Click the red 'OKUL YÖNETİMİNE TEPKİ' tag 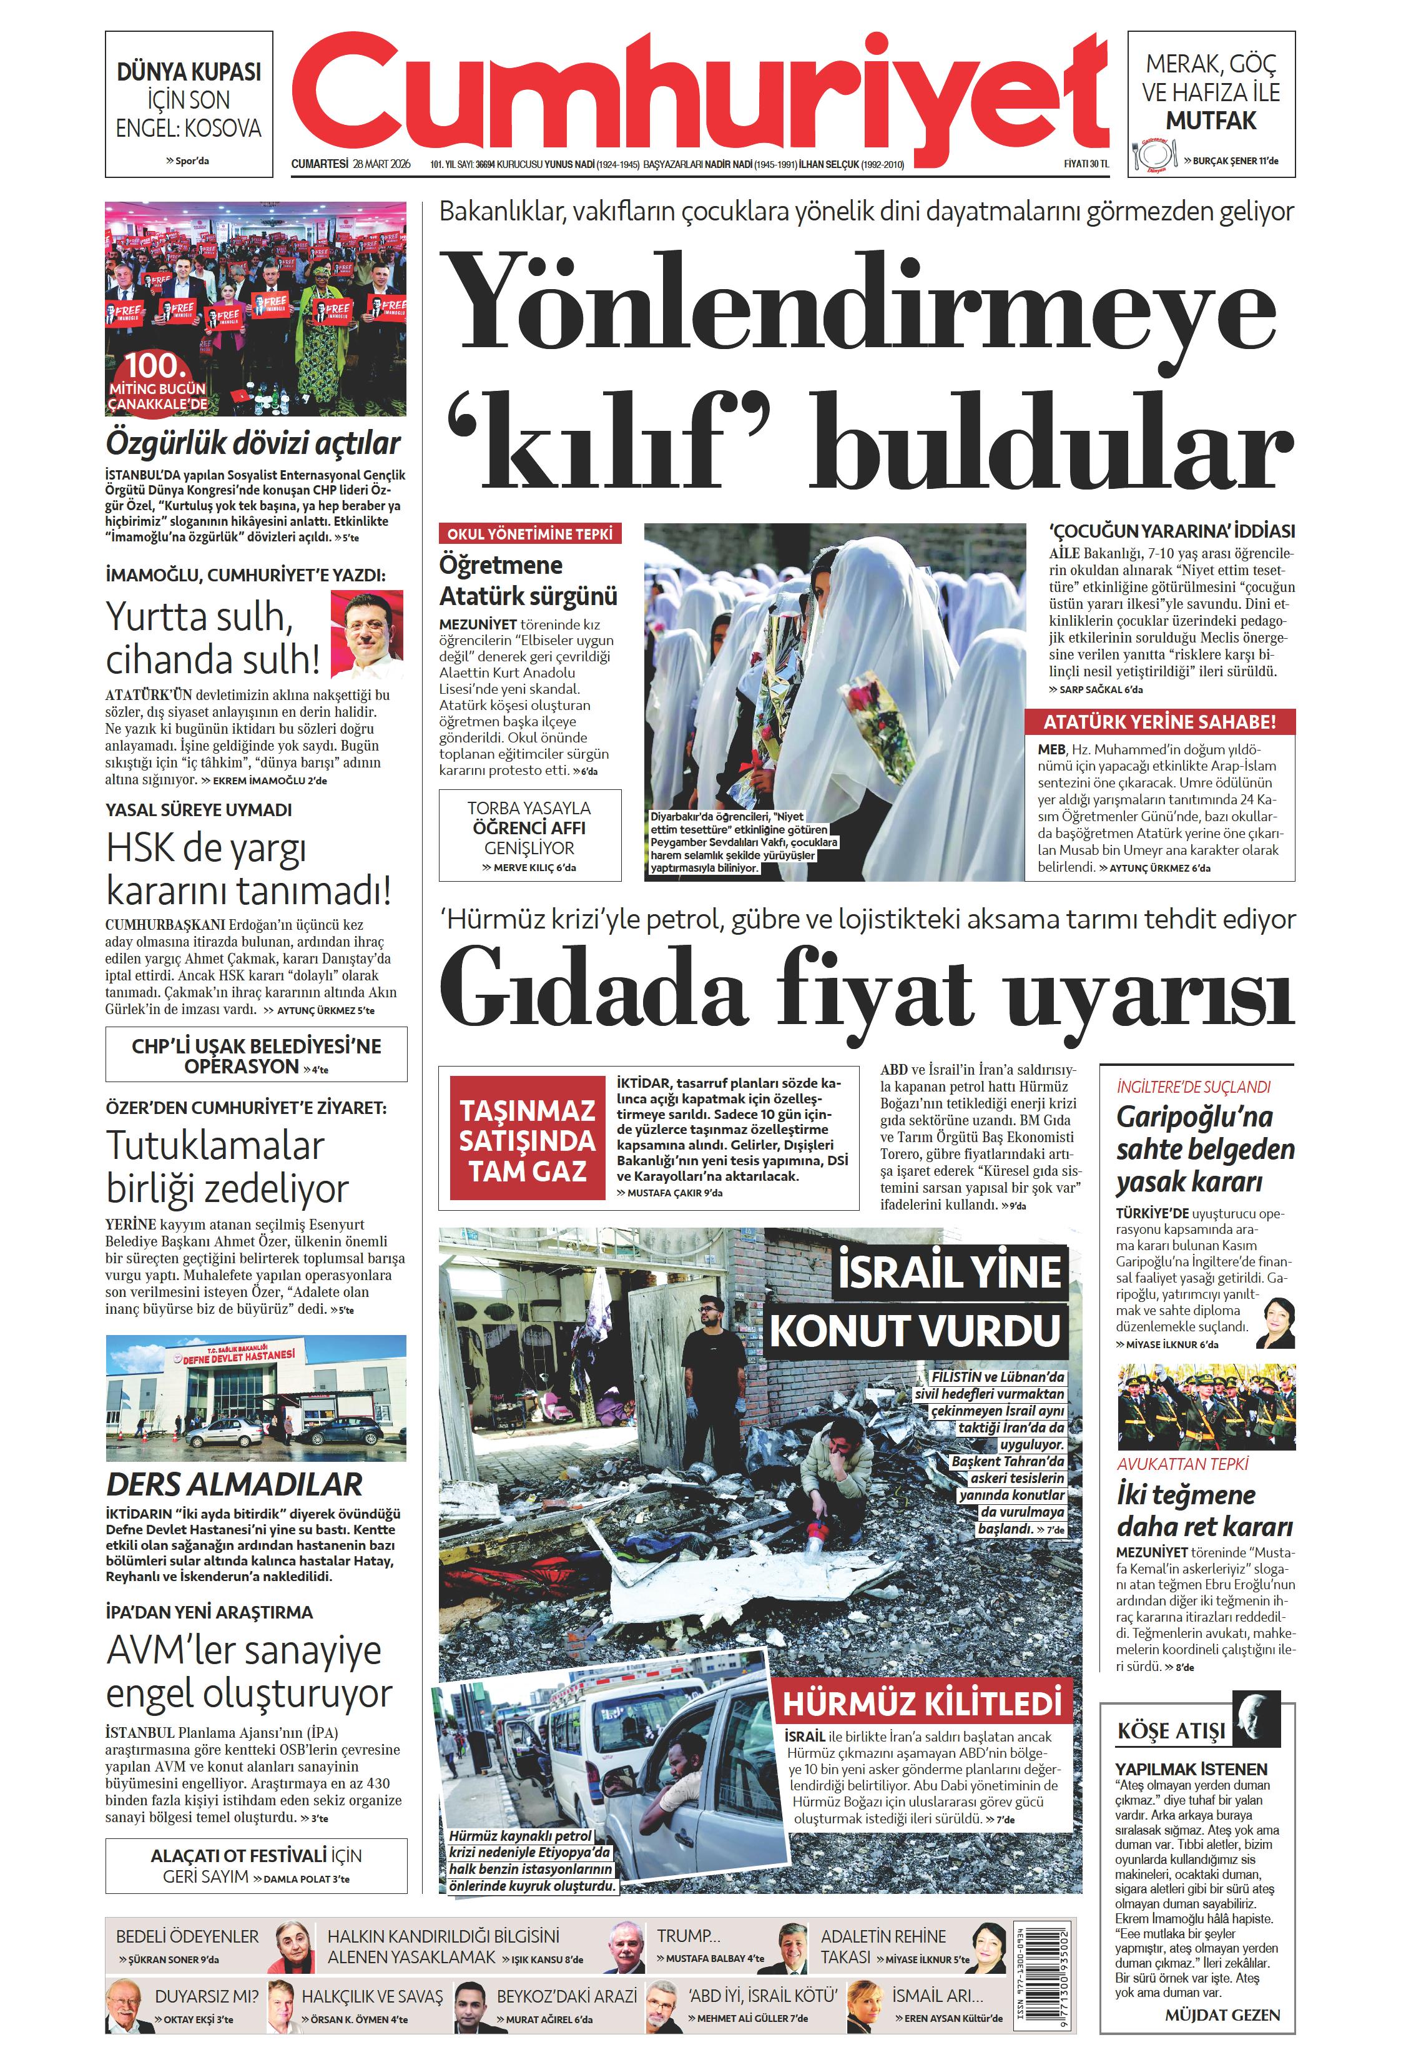[x=529, y=534]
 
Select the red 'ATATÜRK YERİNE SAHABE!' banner [x=1159, y=721]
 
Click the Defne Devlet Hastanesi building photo [x=256, y=1397]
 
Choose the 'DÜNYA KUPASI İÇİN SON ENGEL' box [x=189, y=104]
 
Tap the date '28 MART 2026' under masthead [x=382, y=164]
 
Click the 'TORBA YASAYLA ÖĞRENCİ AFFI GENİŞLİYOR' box [x=529, y=835]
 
